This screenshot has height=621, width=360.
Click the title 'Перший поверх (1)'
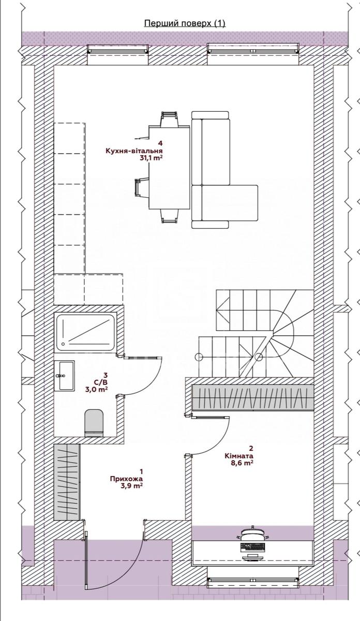185,23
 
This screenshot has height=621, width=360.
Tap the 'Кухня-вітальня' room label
134,151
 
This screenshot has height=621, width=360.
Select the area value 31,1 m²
151,158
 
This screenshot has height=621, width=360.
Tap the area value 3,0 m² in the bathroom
96,390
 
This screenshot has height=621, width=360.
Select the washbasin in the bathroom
64,376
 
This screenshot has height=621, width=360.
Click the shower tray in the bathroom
85,333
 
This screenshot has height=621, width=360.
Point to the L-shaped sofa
224,170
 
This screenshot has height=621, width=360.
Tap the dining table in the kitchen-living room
169,167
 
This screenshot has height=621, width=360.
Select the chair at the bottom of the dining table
169,216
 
